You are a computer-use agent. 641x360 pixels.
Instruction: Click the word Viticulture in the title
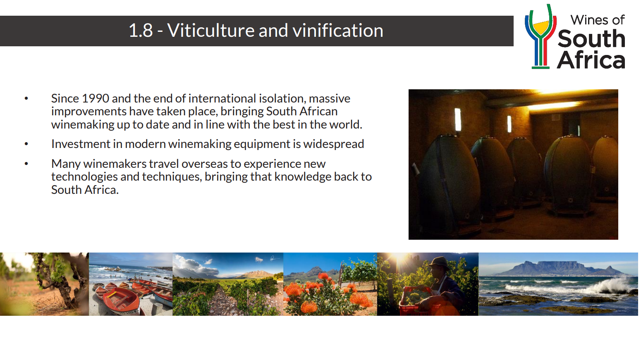pyautogui.click(x=211, y=30)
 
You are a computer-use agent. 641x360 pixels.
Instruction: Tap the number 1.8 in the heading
pyautogui.click(x=141, y=30)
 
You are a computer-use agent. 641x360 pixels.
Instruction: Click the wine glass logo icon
pyautogui.click(x=541, y=37)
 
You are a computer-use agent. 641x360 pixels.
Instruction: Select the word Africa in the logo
pyautogui.click(x=591, y=60)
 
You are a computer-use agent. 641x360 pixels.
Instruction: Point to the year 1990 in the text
pyautogui.click(x=95, y=99)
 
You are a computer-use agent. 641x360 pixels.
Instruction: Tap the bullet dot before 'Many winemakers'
pyautogui.click(x=26, y=164)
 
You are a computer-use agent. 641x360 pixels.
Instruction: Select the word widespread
pyautogui.click(x=334, y=144)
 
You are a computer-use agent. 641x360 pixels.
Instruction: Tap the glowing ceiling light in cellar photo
pyautogui.click(x=554, y=106)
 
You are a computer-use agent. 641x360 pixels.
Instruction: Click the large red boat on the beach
pyautogui.click(x=121, y=300)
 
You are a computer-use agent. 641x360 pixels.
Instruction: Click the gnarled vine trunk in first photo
pyautogui.click(x=62, y=283)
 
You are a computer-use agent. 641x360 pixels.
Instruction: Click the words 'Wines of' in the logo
pyautogui.click(x=598, y=20)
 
